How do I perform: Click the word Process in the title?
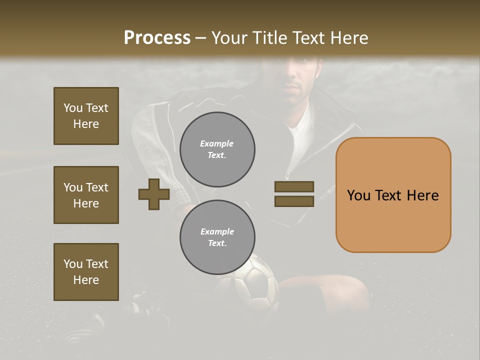coord(157,38)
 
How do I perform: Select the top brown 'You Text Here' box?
coord(86,116)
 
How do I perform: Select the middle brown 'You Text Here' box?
coord(86,195)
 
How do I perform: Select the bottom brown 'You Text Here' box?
coord(86,272)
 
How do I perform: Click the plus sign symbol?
coord(154,194)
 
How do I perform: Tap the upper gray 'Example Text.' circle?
coord(217,149)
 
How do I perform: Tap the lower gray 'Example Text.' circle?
coord(217,237)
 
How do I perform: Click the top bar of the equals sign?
coord(294,186)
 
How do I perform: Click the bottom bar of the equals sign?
coord(294,201)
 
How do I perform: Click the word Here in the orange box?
coord(422,195)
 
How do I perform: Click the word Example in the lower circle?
coord(217,231)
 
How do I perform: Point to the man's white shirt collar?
coord(302,120)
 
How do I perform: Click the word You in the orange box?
coord(359,195)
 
